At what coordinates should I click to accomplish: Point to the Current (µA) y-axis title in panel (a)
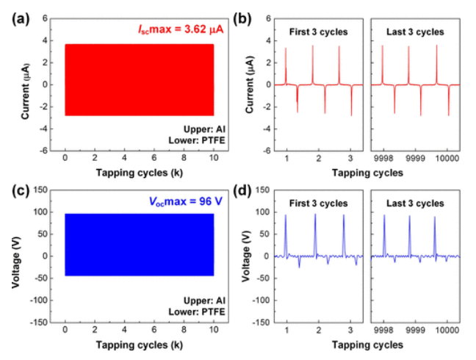point(24,84)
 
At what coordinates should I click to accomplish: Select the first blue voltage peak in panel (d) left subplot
point(286,215)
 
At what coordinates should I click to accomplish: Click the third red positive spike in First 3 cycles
point(339,48)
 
